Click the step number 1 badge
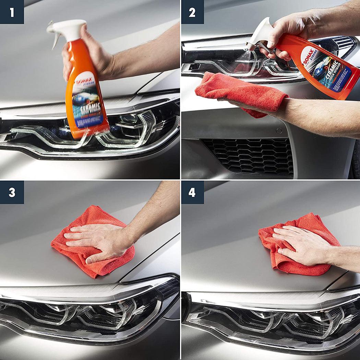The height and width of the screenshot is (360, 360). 12,12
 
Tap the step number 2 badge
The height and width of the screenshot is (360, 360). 192,12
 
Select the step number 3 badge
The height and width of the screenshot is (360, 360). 12,192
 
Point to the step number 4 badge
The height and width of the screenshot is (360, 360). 192,192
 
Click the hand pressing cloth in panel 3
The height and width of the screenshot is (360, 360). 99,240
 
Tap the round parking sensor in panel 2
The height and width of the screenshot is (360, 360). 278,131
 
